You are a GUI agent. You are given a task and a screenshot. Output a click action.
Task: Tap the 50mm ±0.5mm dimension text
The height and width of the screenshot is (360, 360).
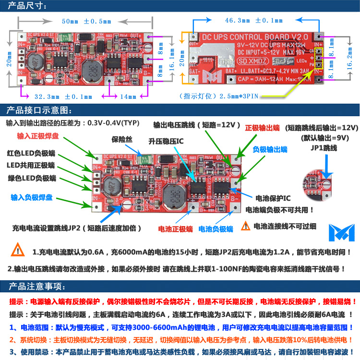click(x=86, y=22)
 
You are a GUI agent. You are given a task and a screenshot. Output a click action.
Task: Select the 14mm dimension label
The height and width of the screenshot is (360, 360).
click(x=128, y=96)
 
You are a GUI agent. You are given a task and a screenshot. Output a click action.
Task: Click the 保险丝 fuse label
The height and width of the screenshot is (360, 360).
click(x=121, y=140)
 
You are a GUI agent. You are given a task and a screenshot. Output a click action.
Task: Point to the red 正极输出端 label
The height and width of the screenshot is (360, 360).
click(x=262, y=128)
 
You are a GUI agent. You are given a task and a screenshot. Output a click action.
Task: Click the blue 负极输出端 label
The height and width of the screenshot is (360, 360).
click(x=270, y=150)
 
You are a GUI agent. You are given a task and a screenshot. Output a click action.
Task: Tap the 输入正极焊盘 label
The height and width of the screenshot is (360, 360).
click(x=38, y=136)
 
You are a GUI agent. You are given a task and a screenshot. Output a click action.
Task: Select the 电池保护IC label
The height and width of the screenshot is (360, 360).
click(x=273, y=198)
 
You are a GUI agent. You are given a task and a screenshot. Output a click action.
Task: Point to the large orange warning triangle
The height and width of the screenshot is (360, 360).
click(x=18, y=250)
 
